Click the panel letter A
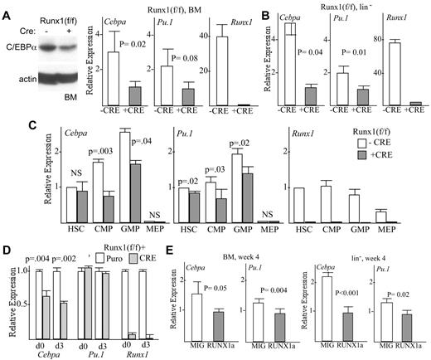[7, 7]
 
